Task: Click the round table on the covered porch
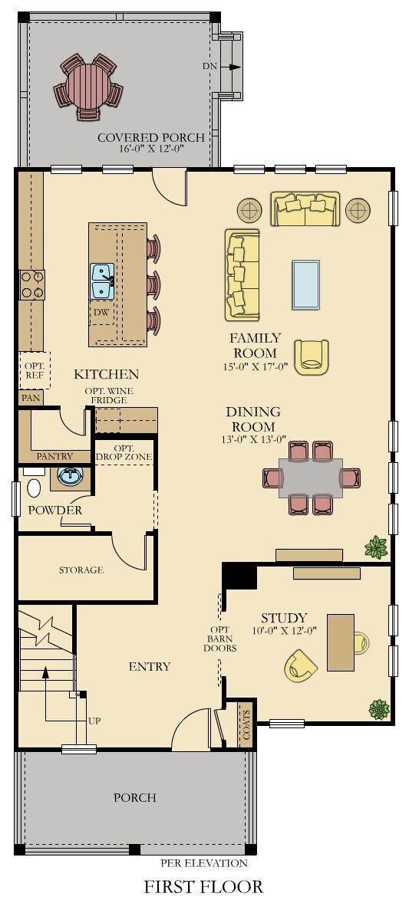[88, 86]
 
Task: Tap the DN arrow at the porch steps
[235, 67]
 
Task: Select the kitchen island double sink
[102, 281]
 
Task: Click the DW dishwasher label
[102, 312]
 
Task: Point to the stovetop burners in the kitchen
[31, 284]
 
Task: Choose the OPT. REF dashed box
[35, 369]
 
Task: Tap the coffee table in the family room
[306, 284]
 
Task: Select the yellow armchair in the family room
[312, 357]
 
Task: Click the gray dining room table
[311, 478]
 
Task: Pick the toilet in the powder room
[33, 485]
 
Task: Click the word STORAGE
[81, 570]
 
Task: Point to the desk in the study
[341, 643]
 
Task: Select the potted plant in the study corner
[379, 709]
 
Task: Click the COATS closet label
[246, 725]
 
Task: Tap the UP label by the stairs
[94, 721]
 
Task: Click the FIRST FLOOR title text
[203, 887]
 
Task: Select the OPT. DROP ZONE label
[124, 452]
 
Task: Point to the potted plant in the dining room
[376, 547]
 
